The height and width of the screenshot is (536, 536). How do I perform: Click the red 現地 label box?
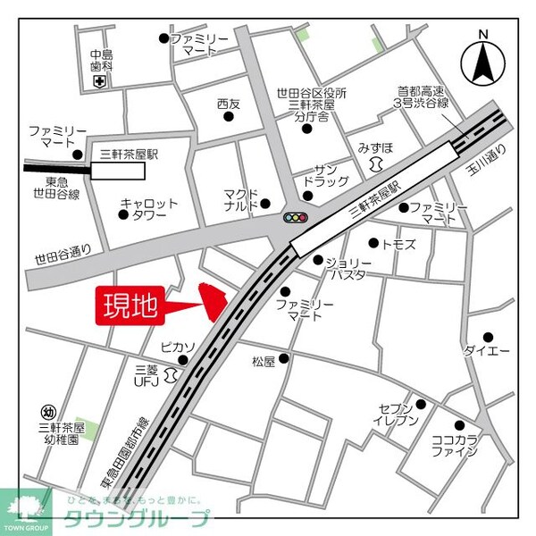point(128,307)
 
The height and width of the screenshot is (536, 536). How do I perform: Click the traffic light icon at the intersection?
point(295,217)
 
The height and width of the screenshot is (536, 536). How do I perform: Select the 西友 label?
point(229,105)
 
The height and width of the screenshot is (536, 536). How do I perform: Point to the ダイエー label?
point(486,350)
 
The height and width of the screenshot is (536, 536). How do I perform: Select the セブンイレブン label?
point(393,415)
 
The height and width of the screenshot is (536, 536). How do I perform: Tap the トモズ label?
point(398,243)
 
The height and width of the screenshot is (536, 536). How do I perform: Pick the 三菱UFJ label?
point(146,375)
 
